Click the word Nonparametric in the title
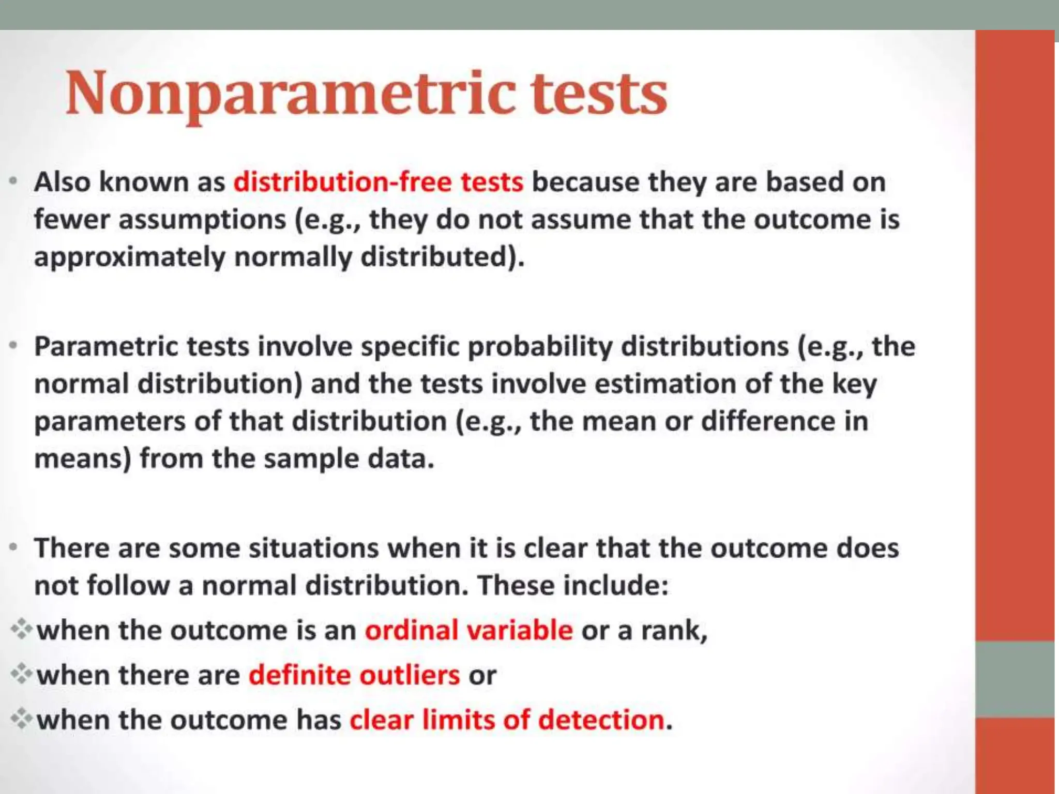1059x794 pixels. tap(290, 94)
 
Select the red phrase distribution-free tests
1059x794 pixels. tap(378, 182)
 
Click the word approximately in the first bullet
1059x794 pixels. tap(129, 257)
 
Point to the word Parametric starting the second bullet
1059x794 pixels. tap(105, 346)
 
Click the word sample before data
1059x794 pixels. tap(311, 459)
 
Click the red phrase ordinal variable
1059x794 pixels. tap(468, 630)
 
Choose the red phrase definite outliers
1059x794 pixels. tap(354, 675)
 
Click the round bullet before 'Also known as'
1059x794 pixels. tap(14, 181)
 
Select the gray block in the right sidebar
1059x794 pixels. tap(1015, 679)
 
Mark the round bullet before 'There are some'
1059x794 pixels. tap(14, 547)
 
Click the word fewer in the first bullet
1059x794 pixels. tap(72, 219)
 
